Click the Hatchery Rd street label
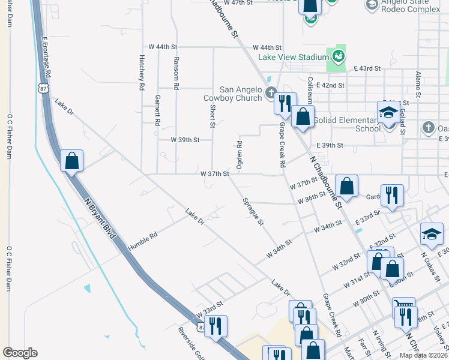click(142, 73)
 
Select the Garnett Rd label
click(158, 110)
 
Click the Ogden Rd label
click(239, 155)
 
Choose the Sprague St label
click(253, 212)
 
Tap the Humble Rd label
click(143, 242)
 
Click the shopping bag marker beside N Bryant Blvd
click(71, 161)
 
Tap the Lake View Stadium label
click(294, 58)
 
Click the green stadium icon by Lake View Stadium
click(339, 56)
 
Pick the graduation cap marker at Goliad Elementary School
click(388, 112)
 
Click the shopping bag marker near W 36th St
click(347, 186)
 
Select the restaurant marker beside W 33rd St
click(217, 326)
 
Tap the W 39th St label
click(184, 139)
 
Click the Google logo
click(20, 353)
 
